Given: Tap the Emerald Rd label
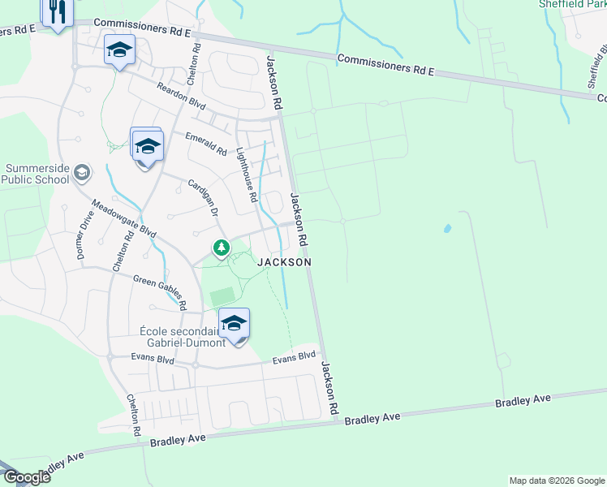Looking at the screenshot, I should coord(205,144).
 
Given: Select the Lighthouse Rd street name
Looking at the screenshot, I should coord(247,175).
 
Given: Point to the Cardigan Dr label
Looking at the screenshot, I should coord(204,196).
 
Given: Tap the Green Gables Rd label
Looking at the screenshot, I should coord(161,291).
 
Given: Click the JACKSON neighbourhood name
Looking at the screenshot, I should coord(284,262).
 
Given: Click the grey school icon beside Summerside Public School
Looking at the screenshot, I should coord(81,172).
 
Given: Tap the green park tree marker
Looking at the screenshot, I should coord(219,248).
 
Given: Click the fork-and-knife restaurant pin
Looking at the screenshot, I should coord(57,12).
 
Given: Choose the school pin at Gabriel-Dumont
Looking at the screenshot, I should coord(234,324).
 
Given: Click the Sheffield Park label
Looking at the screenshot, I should coord(572,4).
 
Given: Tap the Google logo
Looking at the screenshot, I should coord(26,476).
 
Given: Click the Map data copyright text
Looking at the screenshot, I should coord(556,481).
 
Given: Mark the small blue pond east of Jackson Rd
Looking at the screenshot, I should coord(446,229).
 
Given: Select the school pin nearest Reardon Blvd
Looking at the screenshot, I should coord(118,50).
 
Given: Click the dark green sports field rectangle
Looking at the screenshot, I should coord(222,297).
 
